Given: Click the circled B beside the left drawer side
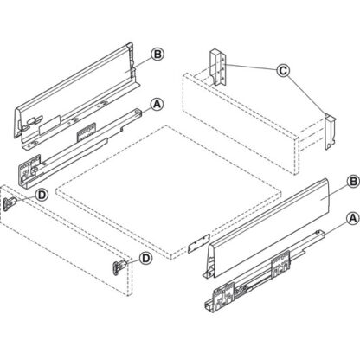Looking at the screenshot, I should (157, 54).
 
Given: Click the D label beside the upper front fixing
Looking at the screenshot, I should (42, 196).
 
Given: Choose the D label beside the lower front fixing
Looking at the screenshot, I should (145, 257).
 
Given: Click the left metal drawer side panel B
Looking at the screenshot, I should (78, 87).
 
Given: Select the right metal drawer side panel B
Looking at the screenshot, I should (268, 216).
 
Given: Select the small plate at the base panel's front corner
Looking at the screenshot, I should (199, 245).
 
